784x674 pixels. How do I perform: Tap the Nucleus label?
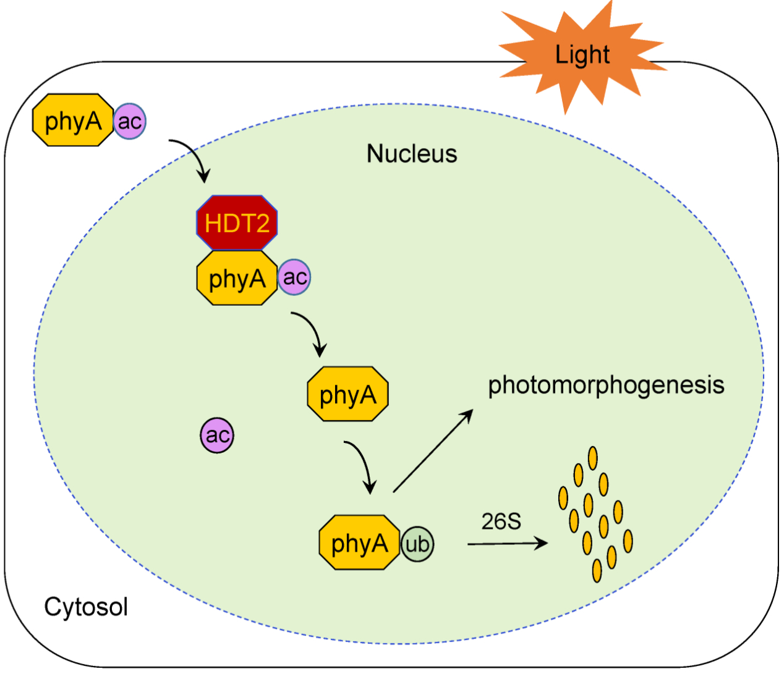(412, 154)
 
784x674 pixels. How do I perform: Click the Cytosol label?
(86, 607)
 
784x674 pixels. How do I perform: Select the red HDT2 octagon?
(237, 223)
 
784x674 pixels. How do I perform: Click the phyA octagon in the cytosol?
(73, 120)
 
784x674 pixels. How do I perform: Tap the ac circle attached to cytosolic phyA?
(130, 121)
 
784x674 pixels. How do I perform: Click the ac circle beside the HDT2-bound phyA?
(294, 277)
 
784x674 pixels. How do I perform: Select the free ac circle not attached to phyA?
(217, 436)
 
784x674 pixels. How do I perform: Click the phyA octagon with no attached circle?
(347, 394)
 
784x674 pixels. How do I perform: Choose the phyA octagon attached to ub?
(359, 542)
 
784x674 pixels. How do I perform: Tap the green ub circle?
(417, 544)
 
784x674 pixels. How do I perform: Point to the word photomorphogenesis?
(606, 385)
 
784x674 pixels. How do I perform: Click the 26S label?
(501, 521)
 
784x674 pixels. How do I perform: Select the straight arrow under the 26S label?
(507, 544)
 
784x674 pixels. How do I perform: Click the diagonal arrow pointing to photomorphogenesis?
(433, 450)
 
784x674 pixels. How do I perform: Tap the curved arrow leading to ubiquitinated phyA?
(363, 465)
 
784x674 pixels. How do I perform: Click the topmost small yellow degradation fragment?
(593, 458)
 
